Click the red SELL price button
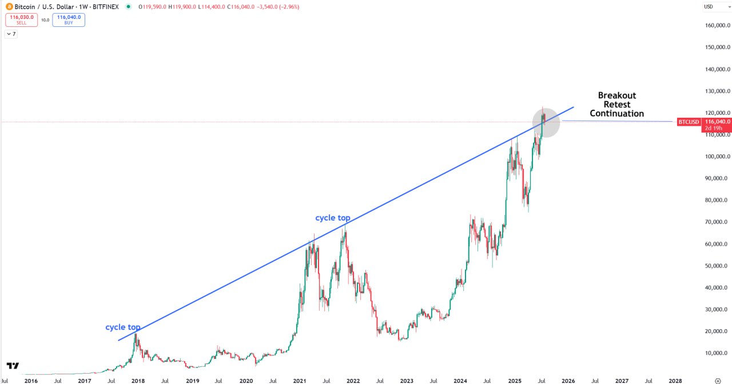point(21,20)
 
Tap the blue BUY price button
point(69,20)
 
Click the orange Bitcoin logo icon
point(9,7)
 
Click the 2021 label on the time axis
point(300,380)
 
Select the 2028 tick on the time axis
point(675,380)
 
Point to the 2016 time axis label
point(31,380)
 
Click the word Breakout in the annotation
point(616,95)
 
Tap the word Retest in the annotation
point(616,105)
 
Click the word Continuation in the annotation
point(616,114)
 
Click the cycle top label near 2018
point(122,327)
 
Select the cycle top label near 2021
point(333,218)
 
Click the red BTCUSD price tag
point(688,122)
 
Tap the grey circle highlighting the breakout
point(546,123)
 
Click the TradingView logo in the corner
point(13,366)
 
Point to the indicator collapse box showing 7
point(11,34)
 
